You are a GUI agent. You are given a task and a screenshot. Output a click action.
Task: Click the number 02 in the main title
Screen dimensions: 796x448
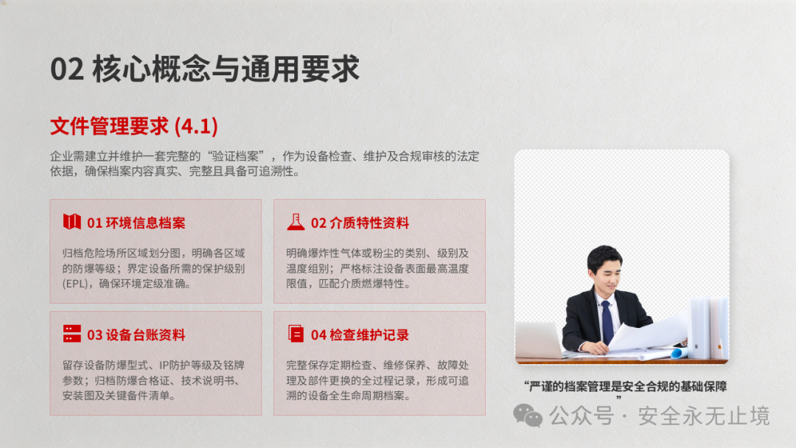pos(67,69)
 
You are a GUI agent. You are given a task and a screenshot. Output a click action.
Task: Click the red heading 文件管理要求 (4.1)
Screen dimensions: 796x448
pos(134,126)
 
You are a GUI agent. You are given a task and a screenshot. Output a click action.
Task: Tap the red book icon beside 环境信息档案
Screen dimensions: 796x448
pos(71,222)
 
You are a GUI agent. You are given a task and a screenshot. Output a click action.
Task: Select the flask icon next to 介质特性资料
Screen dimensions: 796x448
pos(296,222)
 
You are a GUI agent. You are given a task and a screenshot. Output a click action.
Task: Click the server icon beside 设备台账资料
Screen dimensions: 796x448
pos(71,334)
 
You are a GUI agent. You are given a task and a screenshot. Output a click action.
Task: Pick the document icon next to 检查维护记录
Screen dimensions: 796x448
pos(296,334)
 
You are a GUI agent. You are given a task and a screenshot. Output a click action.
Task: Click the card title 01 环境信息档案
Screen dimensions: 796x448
pos(136,223)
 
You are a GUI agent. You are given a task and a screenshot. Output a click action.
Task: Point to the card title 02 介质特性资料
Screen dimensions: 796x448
pos(360,223)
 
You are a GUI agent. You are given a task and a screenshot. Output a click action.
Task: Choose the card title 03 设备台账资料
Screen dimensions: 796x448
pos(136,335)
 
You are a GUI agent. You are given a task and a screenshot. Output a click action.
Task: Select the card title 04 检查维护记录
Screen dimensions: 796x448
pos(360,335)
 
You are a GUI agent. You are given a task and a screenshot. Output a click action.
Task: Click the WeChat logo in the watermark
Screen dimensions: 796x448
pos(528,416)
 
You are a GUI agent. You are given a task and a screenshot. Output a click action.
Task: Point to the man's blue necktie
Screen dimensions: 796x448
pos(607,323)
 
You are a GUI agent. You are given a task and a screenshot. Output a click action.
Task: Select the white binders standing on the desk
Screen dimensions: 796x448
pos(709,328)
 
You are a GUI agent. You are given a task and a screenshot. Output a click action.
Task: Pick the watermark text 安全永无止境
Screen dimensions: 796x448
pos(704,416)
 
